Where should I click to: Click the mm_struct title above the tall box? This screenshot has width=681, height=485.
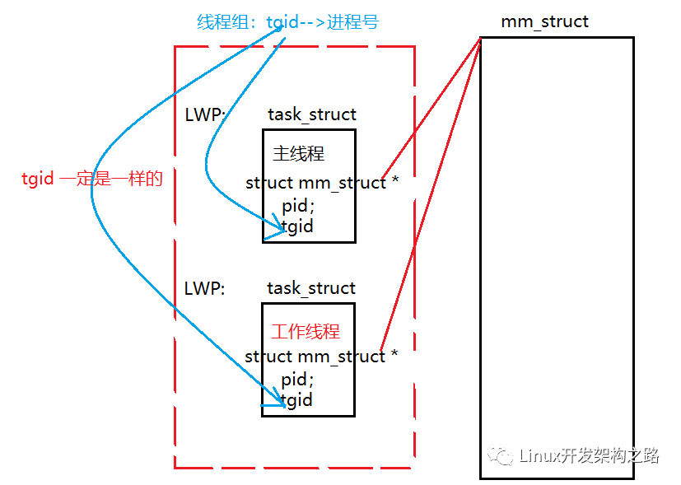click(544, 21)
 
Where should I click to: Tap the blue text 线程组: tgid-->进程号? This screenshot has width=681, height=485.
click(287, 22)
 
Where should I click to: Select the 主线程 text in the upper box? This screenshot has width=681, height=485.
click(299, 154)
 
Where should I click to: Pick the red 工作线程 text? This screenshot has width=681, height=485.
click(306, 332)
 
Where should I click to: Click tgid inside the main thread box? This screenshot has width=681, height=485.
click(298, 226)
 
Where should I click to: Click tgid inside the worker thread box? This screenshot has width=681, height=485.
click(297, 400)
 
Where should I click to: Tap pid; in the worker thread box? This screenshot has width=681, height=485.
click(297, 380)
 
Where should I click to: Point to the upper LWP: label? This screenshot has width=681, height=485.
click(205, 115)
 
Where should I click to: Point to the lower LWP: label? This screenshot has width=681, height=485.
click(205, 288)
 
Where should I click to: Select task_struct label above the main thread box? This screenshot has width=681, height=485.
click(312, 115)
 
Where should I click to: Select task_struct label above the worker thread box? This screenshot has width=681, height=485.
click(311, 288)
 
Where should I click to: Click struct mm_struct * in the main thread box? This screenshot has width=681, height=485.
click(322, 183)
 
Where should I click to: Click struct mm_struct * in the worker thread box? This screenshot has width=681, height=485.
click(321, 357)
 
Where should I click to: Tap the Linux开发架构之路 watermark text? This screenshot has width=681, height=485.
click(590, 455)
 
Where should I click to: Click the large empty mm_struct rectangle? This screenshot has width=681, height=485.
click(557, 247)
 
